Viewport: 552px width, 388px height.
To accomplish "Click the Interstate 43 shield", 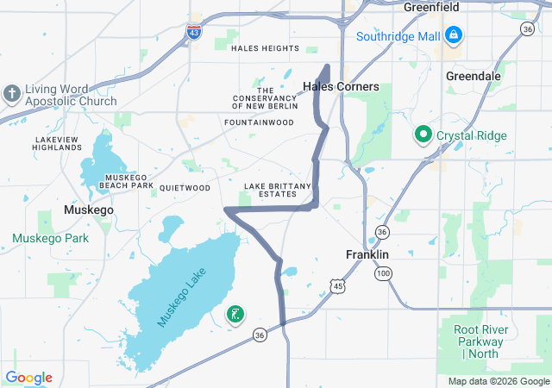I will tap(194, 31).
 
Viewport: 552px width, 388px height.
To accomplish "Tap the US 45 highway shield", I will tap(337, 285).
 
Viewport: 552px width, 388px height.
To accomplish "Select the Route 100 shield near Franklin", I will tap(381, 273).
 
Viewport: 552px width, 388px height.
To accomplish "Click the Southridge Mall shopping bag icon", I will tap(453, 36).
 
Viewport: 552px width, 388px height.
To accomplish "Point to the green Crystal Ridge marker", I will tap(423, 135).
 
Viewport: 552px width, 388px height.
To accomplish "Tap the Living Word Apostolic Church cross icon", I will tap(12, 93).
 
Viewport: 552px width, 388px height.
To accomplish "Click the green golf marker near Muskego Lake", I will tap(234, 315).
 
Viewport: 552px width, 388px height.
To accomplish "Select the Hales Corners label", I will tap(341, 87).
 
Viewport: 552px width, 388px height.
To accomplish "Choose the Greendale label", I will tap(473, 76).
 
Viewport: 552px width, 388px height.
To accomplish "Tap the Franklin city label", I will tap(367, 255).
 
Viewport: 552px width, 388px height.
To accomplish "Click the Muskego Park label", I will tap(51, 238).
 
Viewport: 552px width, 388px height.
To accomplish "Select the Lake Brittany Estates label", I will tap(270, 191).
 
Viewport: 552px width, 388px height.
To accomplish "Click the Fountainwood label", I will tap(259, 123).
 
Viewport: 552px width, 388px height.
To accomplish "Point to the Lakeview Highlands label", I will tap(58, 143).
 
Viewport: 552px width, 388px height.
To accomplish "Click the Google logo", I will tap(29, 378).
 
